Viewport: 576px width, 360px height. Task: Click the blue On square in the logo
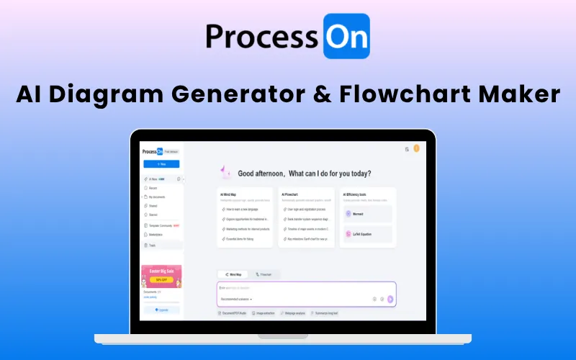click(346, 35)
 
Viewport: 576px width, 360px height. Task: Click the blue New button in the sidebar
click(161, 163)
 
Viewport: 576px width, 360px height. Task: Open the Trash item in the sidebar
click(153, 245)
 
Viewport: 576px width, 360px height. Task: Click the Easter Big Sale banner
click(161, 276)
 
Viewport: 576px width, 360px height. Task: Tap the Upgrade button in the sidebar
click(161, 310)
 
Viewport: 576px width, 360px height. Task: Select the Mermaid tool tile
click(368, 214)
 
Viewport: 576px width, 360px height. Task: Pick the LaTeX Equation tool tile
click(368, 235)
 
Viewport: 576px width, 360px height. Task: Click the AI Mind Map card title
click(228, 194)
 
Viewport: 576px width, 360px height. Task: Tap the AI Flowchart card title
click(291, 194)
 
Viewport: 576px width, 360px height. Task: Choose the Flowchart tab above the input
click(264, 274)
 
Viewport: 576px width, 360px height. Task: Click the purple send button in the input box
click(390, 298)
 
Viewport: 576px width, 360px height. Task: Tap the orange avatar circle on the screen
click(415, 149)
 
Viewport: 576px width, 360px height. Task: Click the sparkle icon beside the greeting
click(225, 172)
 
